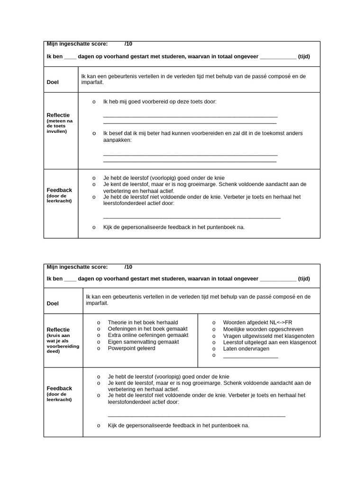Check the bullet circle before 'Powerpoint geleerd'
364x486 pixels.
[99, 348]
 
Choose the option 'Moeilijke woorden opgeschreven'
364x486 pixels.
[263, 329]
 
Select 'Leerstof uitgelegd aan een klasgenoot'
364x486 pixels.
[269, 342]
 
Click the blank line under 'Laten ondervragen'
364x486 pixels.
[250, 356]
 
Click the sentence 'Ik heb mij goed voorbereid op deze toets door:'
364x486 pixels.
[159, 102]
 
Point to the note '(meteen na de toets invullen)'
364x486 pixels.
[59, 126]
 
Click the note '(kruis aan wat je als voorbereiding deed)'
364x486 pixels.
[63, 342]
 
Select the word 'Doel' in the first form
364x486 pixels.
[53, 82]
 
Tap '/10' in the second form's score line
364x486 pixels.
[128, 267]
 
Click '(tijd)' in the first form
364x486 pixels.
[304, 56]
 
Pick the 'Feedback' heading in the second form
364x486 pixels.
[59, 388]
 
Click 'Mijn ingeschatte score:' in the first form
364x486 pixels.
[77, 44]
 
